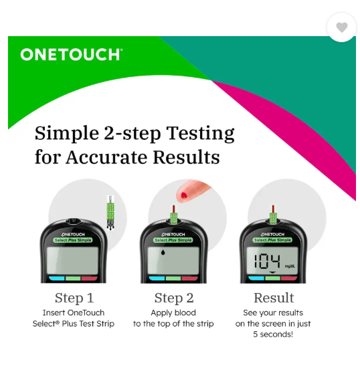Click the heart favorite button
click(x=341, y=27)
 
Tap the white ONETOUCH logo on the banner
click(x=72, y=54)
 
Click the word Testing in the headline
click(x=201, y=134)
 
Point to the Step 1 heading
click(x=74, y=298)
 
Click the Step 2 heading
click(x=174, y=298)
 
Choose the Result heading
click(x=274, y=298)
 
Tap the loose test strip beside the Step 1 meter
click(x=110, y=212)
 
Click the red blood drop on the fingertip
click(x=184, y=195)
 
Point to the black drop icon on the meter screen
click(x=163, y=252)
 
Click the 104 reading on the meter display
click(x=267, y=261)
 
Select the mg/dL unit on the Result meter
click(x=290, y=266)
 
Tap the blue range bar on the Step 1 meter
click(x=57, y=278)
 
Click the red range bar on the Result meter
click(x=289, y=278)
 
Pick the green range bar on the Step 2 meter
click(x=173, y=278)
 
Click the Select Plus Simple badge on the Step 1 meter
click(x=73, y=240)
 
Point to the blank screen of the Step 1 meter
click(x=72, y=260)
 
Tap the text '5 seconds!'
click(x=273, y=334)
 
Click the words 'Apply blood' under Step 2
click(x=173, y=313)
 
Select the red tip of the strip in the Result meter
click(x=273, y=209)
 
